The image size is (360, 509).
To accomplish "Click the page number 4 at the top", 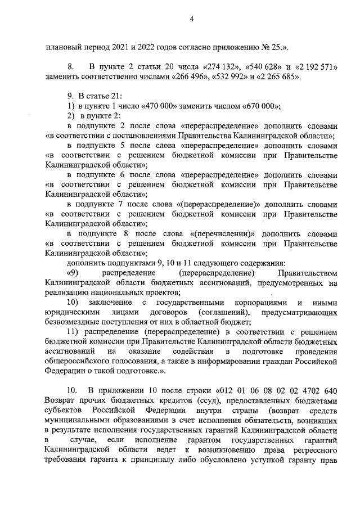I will click(191, 20).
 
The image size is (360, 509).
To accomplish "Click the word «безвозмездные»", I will click(73, 321).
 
